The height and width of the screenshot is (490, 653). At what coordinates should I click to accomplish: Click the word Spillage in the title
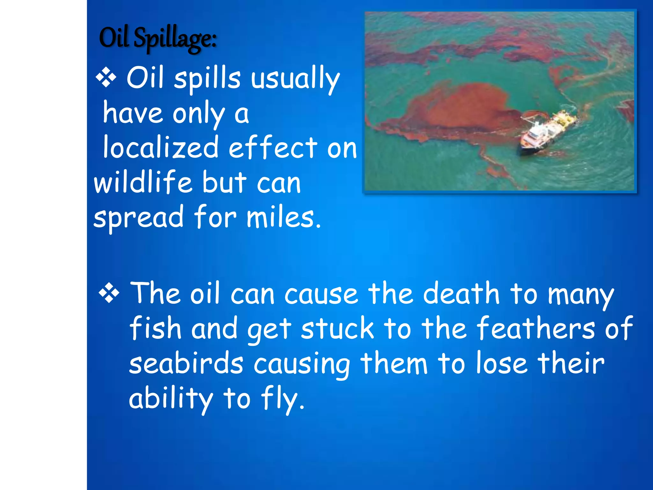(x=175, y=39)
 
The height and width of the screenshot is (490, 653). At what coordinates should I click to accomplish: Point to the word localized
(x=161, y=147)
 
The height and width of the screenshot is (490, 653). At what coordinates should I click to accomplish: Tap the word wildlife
(x=143, y=182)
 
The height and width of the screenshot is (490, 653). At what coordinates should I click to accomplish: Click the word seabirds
(x=186, y=364)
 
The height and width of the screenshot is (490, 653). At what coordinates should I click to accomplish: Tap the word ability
(x=171, y=399)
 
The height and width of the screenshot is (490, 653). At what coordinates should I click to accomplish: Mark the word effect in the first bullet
(x=273, y=147)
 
